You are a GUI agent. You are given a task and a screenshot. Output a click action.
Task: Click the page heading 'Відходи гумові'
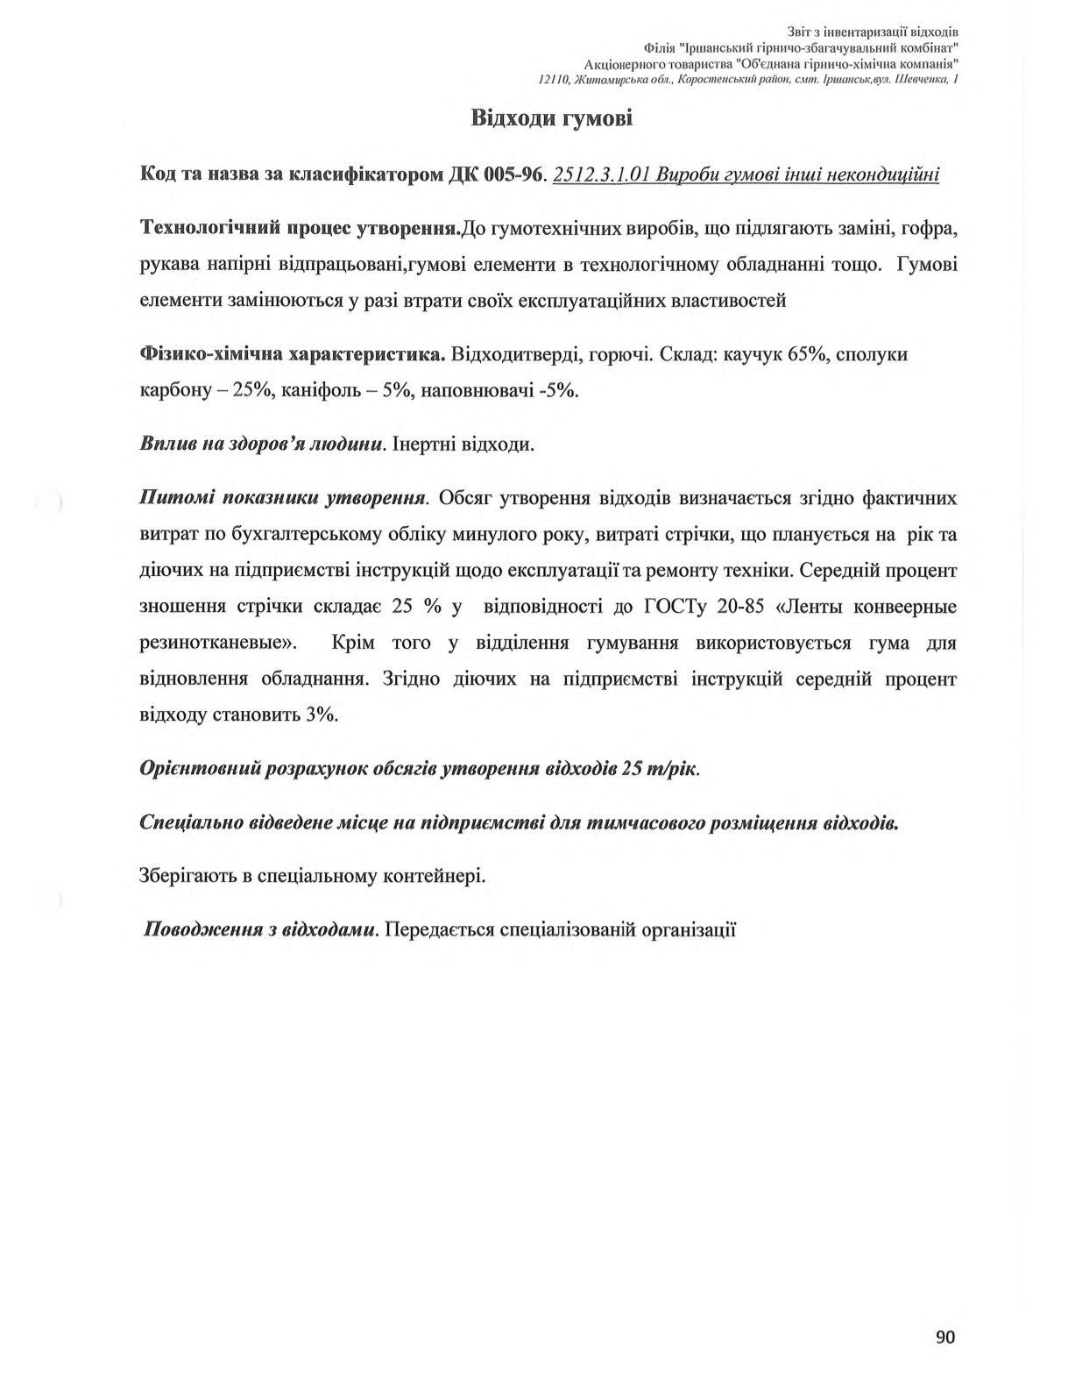coord(551,117)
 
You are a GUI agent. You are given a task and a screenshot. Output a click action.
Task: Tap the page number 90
coord(944,1336)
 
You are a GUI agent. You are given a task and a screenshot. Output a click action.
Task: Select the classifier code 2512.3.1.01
coord(601,174)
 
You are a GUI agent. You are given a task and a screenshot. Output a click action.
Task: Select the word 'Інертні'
coord(428,445)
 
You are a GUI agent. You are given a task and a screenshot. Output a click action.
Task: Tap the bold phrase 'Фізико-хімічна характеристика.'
coord(293,354)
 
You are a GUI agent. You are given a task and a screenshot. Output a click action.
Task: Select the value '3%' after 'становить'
coord(322,715)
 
